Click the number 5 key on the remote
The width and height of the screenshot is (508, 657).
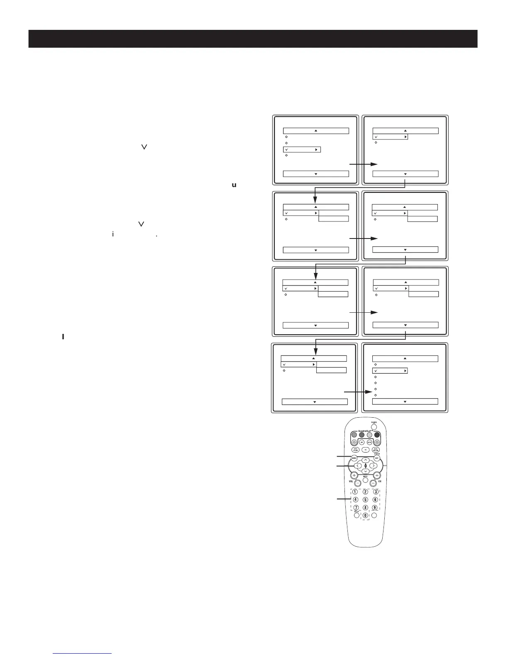tap(365, 499)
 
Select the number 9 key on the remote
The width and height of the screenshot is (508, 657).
tap(375, 507)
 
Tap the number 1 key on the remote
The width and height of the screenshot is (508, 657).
tap(355, 492)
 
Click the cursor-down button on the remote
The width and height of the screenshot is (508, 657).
tap(365, 471)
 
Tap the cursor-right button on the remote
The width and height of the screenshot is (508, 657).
tap(372, 466)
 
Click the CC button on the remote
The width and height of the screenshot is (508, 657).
tap(365, 450)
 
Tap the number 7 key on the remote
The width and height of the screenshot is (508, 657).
tap(355, 507)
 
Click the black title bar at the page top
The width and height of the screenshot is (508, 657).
tap(253, 39)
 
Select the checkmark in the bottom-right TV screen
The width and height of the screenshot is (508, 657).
tap(376, 371)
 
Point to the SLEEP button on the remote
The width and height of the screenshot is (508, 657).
tap(356, 516)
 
